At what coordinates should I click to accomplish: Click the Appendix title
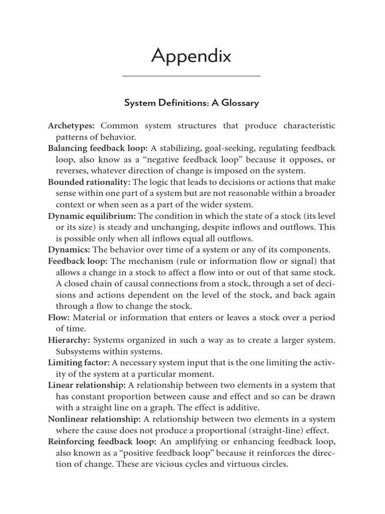tap(191, 57)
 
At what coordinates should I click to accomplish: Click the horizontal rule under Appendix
tap(191, 76)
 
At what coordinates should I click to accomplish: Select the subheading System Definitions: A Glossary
tap(191, 103)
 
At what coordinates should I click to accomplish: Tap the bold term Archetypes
tap(71, 125)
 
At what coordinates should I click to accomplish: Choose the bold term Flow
tap(58, 317)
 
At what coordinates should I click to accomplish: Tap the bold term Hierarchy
tap(69, 340)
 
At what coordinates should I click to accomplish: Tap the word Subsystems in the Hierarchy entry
tap(78, 351)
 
